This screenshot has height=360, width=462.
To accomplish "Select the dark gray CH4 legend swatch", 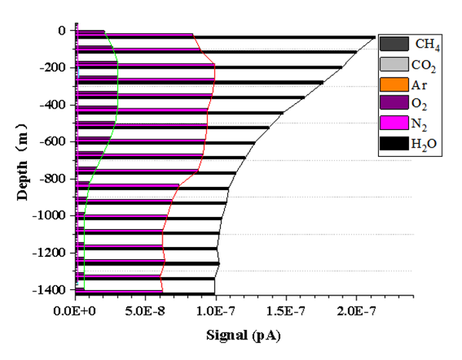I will pyautogui.click(x=393, y=44).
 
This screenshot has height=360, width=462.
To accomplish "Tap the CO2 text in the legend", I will pyautogui.click(x=424, y=65).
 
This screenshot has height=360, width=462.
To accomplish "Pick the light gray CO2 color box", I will pyautogui.click(x=393, y=64).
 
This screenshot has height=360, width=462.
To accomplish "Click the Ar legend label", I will pyautogui.click(x=419, y=84).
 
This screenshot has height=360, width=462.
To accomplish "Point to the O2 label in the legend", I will pyautogui.click(x=420, y=104).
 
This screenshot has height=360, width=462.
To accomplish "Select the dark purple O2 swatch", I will pyautogui.click(x=393, y=103).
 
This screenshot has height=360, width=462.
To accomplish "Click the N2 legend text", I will pyautogui.click(x=420, y=123).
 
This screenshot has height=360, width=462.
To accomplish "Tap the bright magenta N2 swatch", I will pyautogui.click(x=393, y=122).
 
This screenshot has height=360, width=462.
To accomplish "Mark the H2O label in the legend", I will pyautogui.click(x=423, y=144).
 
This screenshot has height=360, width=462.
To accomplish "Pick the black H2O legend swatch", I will pyautogui.click(x=393, y=143).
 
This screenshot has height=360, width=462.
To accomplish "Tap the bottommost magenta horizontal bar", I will pyautogui.click(x=119, y=291).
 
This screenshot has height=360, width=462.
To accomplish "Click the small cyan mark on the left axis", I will pyautogui.click(x=79, y=72).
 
